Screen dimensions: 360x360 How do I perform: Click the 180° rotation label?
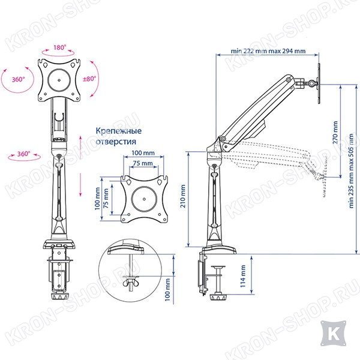point(59,47)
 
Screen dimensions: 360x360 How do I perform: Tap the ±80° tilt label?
point(89,79)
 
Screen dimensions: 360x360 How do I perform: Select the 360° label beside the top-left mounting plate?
point(19,79)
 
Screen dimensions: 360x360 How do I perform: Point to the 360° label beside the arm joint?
point(24,154)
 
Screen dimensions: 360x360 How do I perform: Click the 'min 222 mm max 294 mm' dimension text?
point(268,51)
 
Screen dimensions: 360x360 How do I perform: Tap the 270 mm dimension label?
point(335,133)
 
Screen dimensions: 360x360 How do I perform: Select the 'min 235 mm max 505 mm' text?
point(351,171)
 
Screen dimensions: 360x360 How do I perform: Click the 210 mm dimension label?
point(183,196)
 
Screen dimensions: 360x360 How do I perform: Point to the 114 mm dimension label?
point(243,276)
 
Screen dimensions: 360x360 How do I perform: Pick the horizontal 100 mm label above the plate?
point(143,153)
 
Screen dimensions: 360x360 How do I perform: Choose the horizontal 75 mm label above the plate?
point(143,163)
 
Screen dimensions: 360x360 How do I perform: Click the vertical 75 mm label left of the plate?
point(106,199)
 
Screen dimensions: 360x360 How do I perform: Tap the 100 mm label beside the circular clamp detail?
point(167,290)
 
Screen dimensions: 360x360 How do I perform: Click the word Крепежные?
point(118,131)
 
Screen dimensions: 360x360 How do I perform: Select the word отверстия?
point(116,142)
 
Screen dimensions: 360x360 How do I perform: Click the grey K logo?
point(333,334)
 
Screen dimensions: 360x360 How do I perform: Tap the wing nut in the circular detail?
point(130,283)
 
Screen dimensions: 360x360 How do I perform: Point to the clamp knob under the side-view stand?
point(218,297)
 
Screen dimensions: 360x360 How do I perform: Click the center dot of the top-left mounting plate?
point(59,80)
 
